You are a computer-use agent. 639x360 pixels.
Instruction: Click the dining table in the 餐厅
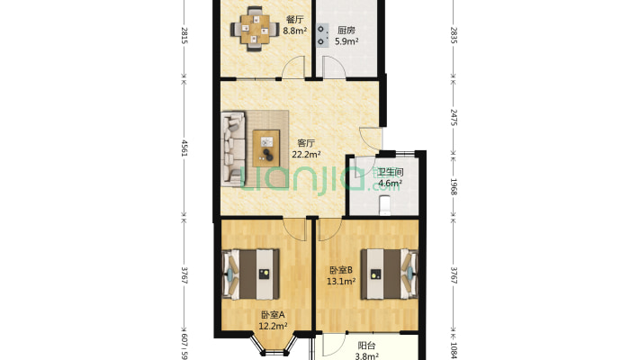click(x=253, y=27)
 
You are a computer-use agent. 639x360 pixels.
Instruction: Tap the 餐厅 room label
click(x=294, y=20)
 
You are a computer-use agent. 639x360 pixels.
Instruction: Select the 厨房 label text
click(x=346, y=29)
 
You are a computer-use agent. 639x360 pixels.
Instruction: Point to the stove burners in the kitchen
click(x=321, y=32)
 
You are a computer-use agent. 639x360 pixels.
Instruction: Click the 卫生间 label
click(x=390, y=173)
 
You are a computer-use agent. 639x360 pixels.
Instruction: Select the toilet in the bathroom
click(x=385, y=206)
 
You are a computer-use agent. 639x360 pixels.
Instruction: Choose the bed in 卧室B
click(x=391, y=272)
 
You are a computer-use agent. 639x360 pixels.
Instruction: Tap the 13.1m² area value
click(x=341, y=281)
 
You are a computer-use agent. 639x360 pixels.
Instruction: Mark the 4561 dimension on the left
click(x=184, y=148)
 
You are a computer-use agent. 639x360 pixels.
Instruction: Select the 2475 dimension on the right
click(x=454, y=117)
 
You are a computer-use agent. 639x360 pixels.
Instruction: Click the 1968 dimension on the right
click(x=454, y=186)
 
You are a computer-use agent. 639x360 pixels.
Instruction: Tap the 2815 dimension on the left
click(x=184, y=36)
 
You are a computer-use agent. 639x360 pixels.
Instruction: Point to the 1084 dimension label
click(x=454, y=346)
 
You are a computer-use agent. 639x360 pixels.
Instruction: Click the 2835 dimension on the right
click(x=454, y=36)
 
